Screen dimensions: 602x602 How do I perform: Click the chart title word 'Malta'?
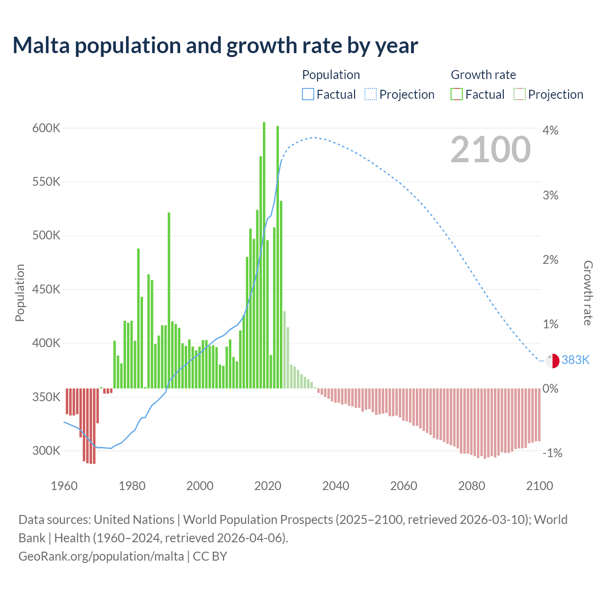(x=43, y=46)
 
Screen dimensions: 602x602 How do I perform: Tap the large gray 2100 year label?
(x=491, y=150)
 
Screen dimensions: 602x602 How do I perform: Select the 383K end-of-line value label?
(x=575, y=360)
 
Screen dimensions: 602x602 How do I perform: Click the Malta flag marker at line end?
(x=553, y=361)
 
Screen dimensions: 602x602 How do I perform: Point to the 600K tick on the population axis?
(x=46, y=128)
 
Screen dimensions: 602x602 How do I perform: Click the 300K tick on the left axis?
(x=46, y=451)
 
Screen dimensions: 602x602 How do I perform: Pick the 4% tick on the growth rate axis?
(x=550, y=130)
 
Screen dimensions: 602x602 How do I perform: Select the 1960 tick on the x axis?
(x=64, y=486)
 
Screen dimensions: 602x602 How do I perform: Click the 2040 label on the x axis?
(x=336, y=486)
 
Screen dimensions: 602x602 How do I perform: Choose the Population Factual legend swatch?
(x=308, y=95)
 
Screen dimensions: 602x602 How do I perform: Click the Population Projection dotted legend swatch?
(x=371, y=95)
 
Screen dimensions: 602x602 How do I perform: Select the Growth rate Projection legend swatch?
(x=519, y=95)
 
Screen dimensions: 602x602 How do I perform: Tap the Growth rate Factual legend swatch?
(x=457, y=95)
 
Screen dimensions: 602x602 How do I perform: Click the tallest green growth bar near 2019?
(x=264, y=254)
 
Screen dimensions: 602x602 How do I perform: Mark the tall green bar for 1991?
(x=169, y=301)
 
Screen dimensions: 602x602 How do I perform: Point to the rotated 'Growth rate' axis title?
(x=588, y=293)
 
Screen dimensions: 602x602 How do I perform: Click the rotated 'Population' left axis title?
(x=20, y=293)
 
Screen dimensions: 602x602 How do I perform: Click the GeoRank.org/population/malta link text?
(x=101, y=556)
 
